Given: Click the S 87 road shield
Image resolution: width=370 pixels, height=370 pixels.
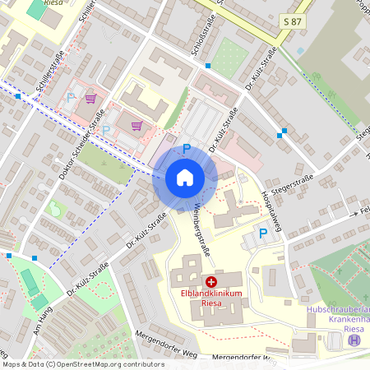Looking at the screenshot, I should coord(293,20).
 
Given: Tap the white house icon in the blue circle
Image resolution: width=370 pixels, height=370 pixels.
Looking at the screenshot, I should coord(185,177).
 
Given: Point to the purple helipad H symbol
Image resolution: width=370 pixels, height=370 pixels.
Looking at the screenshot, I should coord(354,340).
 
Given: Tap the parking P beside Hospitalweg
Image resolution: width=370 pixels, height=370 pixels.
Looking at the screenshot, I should coord(263,234).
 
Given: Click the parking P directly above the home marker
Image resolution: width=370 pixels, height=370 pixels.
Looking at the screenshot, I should coord(187,149).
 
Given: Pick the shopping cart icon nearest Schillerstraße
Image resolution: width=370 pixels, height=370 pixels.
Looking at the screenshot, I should coord(90,98).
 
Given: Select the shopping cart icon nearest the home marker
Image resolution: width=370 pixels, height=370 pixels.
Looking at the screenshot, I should coord(136,126).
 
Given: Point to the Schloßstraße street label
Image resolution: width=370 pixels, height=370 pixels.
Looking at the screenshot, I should coord(198,38).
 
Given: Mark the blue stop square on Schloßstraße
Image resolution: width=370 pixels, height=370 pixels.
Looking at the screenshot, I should coord(208,65).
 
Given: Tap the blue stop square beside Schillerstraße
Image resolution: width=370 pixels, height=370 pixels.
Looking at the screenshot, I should coord(18,96).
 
